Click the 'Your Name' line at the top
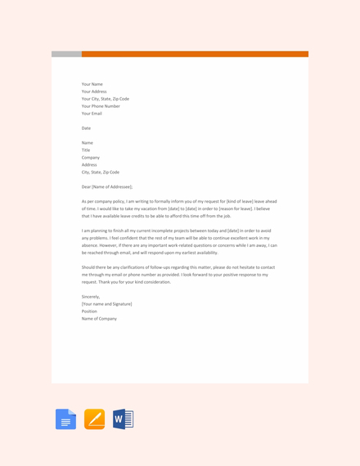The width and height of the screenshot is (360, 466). [92, 84]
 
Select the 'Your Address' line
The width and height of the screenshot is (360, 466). [94, 92]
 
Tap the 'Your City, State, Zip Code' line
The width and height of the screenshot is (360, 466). [106, 99]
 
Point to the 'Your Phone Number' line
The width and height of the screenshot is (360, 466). [101, 106]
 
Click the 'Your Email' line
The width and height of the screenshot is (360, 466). [92, 114]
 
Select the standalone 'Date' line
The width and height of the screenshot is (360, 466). [86, 128]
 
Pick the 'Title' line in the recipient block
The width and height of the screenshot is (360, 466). [86, 150]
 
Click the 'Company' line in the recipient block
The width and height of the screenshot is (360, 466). [91, 158]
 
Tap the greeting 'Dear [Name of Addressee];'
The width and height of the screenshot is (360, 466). [107, 186]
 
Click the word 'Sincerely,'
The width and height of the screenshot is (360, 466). [91, 297]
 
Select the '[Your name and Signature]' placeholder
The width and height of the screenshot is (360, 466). [106, 304]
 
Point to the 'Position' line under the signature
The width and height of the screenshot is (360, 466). [89, 311]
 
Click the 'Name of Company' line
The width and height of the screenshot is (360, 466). [99, 319]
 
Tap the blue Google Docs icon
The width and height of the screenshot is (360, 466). [65, 419]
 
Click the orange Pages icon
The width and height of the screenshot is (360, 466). [94, 419]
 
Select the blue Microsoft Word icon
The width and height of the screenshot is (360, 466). [123, 419]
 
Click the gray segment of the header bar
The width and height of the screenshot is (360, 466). [66, 54]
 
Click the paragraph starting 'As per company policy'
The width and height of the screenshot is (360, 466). [179, 208]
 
